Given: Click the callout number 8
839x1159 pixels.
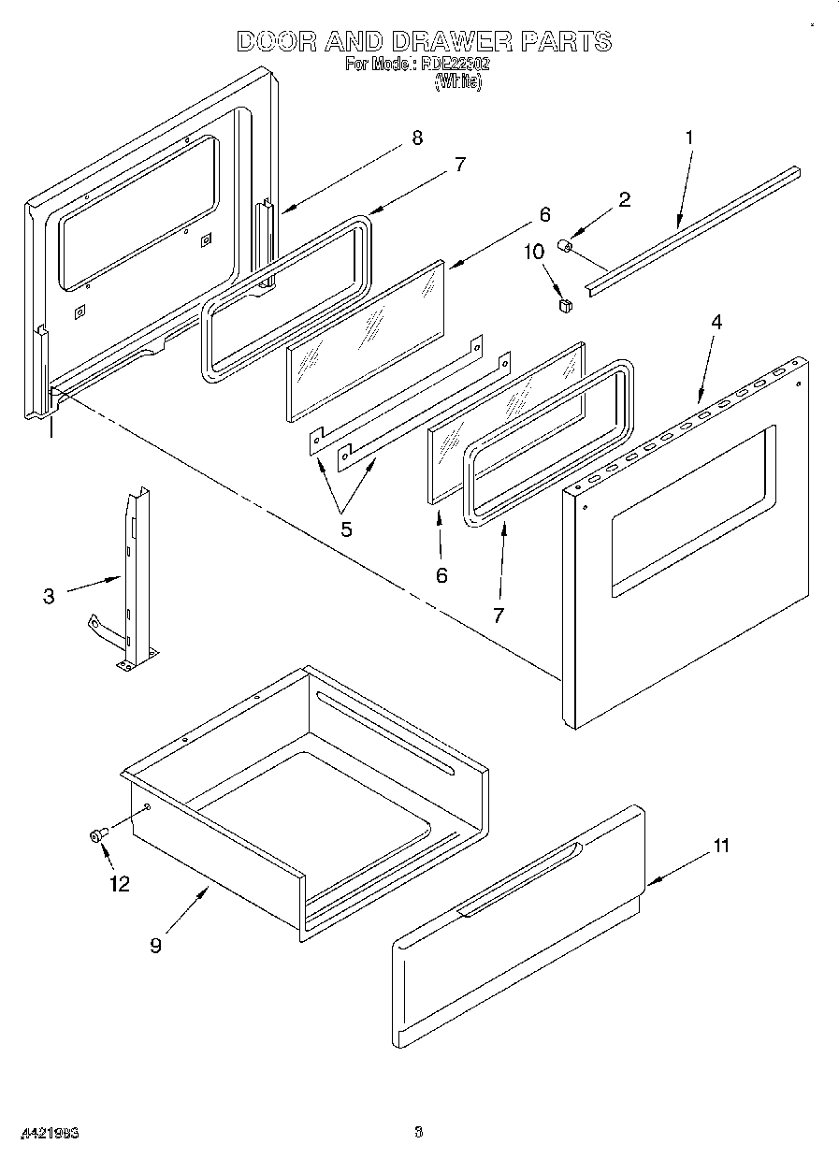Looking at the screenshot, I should click(x=416, y=138).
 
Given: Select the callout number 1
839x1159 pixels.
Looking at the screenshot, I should click(x=689, y=138).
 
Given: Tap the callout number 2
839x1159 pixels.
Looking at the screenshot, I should click(x=624, y=198).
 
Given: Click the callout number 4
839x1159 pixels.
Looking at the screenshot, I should click(x=716, y=322).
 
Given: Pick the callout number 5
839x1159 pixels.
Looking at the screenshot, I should click(x=346, y=529).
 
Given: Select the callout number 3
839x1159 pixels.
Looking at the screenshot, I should click(x=49, y=596).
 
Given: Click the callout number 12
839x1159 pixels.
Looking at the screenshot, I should click(x=120, y=883).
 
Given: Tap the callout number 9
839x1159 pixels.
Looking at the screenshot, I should click(x=155, y=945).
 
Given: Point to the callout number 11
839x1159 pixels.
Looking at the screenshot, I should click(x=720, y=847).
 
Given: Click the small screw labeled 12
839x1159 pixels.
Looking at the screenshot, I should click(x=96, y=835).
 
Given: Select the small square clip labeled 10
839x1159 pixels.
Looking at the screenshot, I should click(x=563, y=303).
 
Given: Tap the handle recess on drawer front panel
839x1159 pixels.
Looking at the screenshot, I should click(x=519, y=880).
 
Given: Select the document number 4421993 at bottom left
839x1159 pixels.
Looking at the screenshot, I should click(x=46, y=1133).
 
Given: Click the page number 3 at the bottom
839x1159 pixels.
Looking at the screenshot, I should click(x=419, y=1133).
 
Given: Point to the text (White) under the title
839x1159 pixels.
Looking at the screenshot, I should click(x=457, y=82).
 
